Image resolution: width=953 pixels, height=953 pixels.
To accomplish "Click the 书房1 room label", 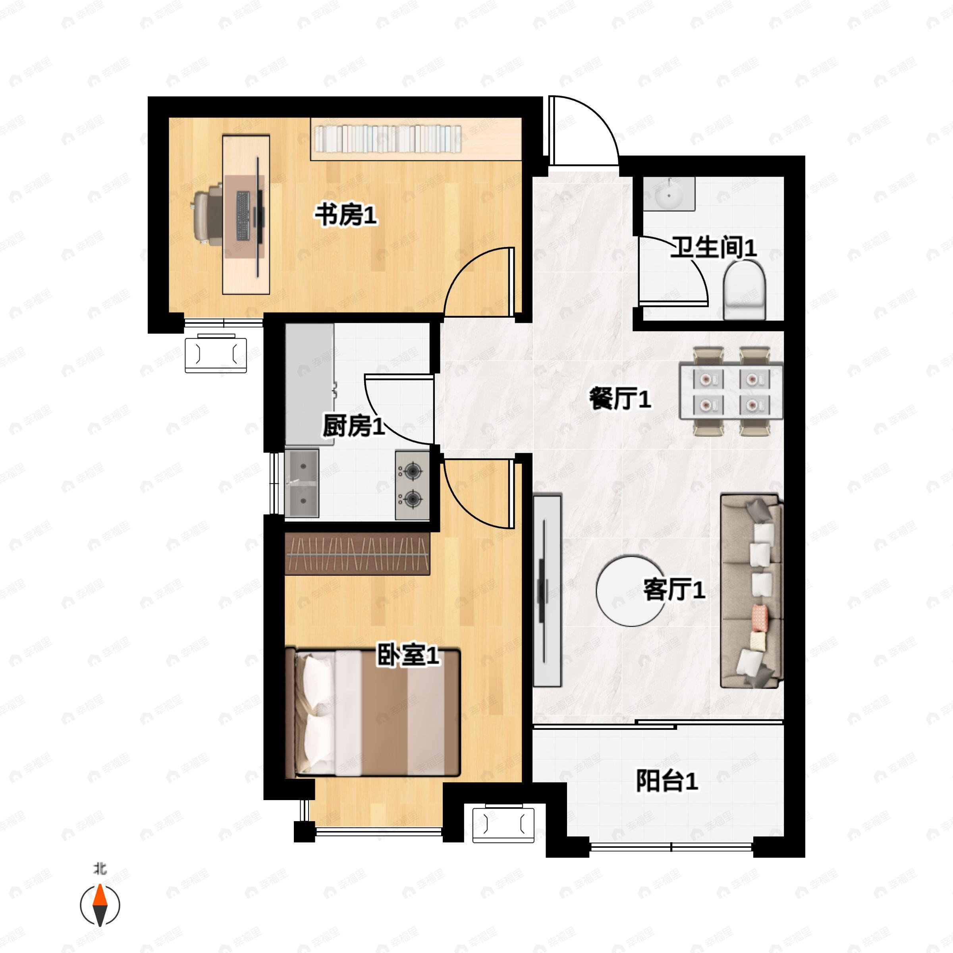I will pyautogui.click(x=346, y=216).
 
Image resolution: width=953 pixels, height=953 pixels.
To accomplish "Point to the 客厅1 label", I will pyautogui.click(x=674, y=589).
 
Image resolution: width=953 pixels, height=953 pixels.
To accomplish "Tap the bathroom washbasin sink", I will pyautogui.click(x=669, y=194).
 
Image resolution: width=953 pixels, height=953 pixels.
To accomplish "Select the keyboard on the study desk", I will pyautogui.click(x=243, y=216).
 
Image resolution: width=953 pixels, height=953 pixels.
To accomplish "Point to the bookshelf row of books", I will pyautogui.click(x=388, y=139).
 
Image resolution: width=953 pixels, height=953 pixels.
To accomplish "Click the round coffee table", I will pyautogui.click(x=630, y=590).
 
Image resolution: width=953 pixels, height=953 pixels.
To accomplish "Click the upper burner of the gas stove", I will pyautogui.click(x=412, y=472).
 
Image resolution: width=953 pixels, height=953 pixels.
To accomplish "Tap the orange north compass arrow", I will pyautogui.click(x=100, y=896).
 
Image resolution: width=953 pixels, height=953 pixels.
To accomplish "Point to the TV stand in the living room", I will pyautogui.click(x=548, y=590).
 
